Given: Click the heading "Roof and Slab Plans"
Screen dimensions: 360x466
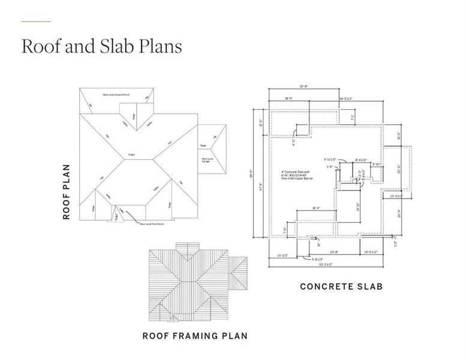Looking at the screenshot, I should (x=101, y=47).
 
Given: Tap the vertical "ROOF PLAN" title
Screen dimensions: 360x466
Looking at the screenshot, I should (x=67, y=192).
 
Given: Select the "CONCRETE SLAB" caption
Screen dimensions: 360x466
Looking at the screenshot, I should (x=341, y=287).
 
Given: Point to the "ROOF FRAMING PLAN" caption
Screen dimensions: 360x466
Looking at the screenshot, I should (x=194, y=335).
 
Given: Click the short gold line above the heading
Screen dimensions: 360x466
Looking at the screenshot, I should (x=36, y=22).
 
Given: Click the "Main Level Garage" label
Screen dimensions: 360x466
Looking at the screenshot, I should (x=206, y=160).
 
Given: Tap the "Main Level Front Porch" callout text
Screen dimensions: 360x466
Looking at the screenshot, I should (x=152, y=224).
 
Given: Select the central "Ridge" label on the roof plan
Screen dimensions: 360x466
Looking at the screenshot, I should (x=131, y=155).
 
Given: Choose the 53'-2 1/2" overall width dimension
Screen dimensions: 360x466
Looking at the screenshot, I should (x=326, y=264).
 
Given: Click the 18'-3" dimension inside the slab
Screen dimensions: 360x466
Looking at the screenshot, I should (x=315, y=208).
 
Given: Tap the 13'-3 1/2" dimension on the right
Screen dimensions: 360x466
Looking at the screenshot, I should (x=396, y=196).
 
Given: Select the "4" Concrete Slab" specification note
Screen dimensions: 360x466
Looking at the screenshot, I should (x=293, y=175).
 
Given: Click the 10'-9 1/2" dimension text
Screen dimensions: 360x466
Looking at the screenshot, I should (x=374, y=251).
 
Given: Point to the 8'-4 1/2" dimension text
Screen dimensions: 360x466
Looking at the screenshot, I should (x=360, y=160).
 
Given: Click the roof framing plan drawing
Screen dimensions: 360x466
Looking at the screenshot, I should (x=188, y=281).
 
